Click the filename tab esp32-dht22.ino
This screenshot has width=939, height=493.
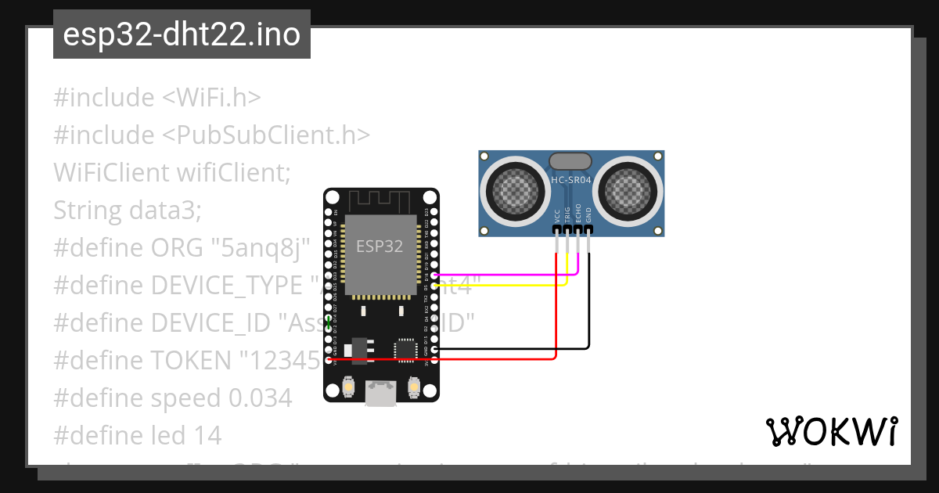[182, 35]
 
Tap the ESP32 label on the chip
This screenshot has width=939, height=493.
[380, 246]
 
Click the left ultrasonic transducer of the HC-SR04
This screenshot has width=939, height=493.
[514, 189]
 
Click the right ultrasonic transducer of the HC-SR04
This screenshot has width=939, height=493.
[630, 189]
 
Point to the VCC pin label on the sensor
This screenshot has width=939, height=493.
[557, 215]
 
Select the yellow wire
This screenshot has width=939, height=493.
[501, 285]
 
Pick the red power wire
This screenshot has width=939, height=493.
[469, 359]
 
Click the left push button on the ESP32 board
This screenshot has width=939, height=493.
[348, 386]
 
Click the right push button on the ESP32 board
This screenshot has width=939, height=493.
[414, 386]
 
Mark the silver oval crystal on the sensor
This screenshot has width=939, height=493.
[570, 161]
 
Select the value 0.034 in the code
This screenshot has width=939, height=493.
[260, 398]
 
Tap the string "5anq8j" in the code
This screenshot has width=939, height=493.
[260, 248]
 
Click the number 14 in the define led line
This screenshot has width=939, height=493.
[207, 435]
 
